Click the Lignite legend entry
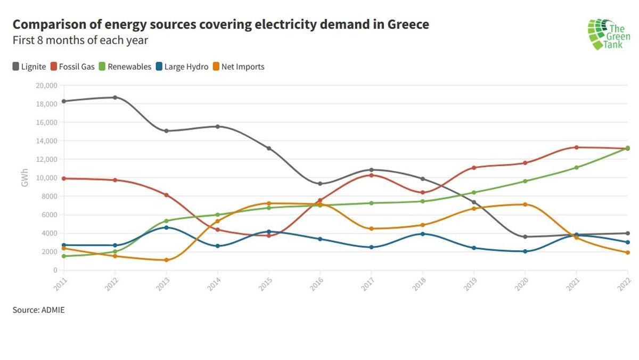pos(29,67)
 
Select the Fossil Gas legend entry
pos(73,67)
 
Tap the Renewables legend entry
pos(125,67)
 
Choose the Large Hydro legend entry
pos(182,67)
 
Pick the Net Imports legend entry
pos(239,67)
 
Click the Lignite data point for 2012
pos(115,97)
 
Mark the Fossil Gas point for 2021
pos(576,148)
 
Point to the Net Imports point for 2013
pos(166,260)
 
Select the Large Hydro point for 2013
pos(166,227)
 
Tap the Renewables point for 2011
pos(63,256)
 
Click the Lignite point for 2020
pos(525,236)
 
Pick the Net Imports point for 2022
pos(628,252)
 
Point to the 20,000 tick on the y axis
pos(46,85)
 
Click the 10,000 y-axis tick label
pos(46,178)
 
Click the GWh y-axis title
pos(24,178)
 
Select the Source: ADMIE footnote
pos(38,309)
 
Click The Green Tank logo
pos(608,34)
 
